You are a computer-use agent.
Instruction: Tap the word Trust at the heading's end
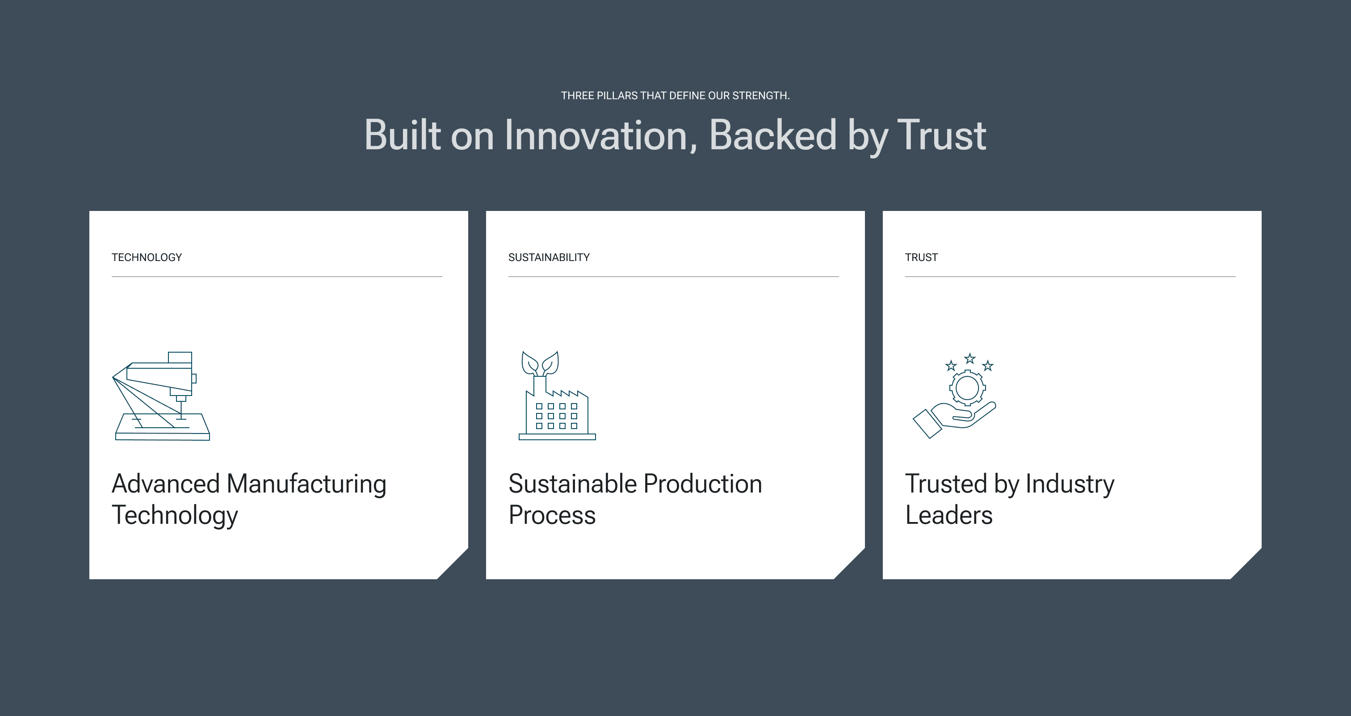pyautogui.click(x=942, y=135)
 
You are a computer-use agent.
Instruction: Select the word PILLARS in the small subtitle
pyautogui.click(x=617, y=96)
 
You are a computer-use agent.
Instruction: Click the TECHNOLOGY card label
pyautogui.click(x=147, y=257)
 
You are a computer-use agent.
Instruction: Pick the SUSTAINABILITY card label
pyautogui.click(x=549, y=257)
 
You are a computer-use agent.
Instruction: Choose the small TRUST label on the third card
pyautogui.click(x=922, y=257)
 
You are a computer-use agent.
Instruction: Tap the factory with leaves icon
pyautogui.click(x=557, y=395)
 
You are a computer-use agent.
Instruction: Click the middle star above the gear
pyautogui.click(x=970, y=359)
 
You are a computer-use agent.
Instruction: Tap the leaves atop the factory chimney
pyautogui.click(x=540, y=363)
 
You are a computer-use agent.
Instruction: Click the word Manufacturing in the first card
pyautogui.click(x=306, y=484)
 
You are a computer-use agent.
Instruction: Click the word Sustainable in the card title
pyautogui.click(x=572, y=484)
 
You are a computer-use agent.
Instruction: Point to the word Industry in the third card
pyautogui.click(x=1070, y=484)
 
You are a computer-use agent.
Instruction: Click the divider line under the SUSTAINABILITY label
pyautogui.click(x=673, y=277)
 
